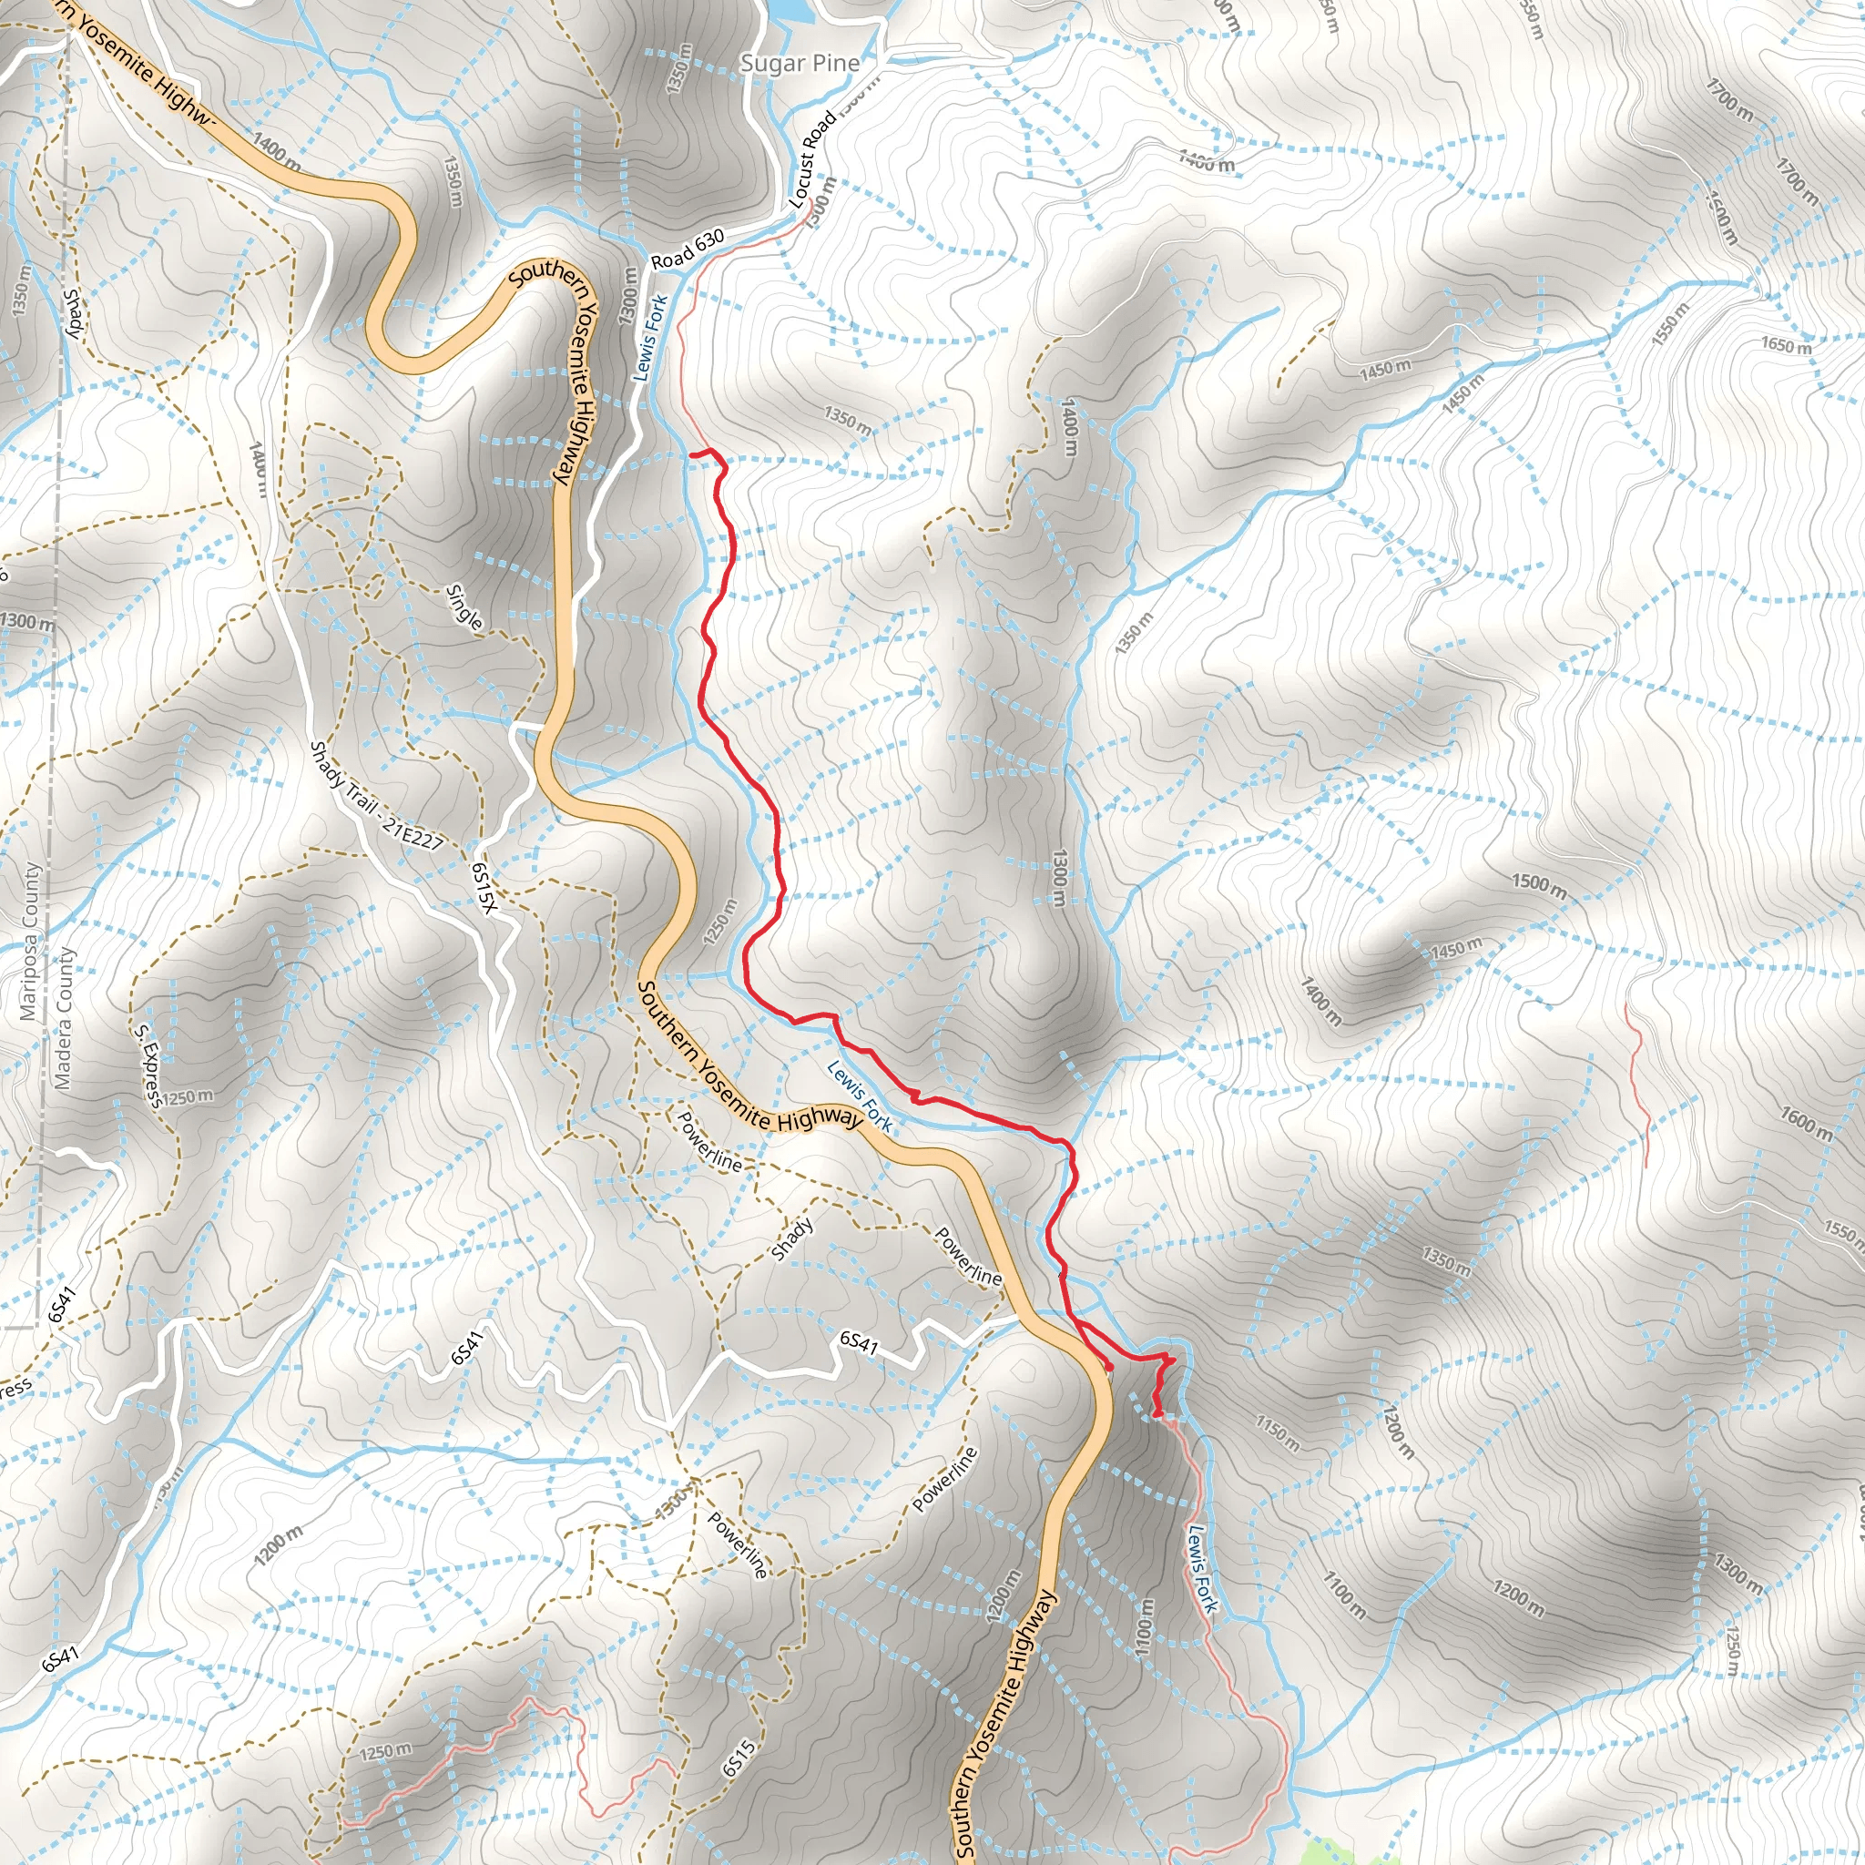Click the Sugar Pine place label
(x=800, y=64)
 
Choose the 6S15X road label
(x=484, y=887)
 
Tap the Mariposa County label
(x=30, y=942)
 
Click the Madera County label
(x=64, y=1017)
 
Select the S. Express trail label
(x=148, y=1065)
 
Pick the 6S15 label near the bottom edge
(x=739, y=1758)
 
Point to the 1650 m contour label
(x=1786, y=344)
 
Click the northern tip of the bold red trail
(x=693, y=453)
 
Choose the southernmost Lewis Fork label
(x=1203, y=1569)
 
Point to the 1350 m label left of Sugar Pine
(x=678, y=69)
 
